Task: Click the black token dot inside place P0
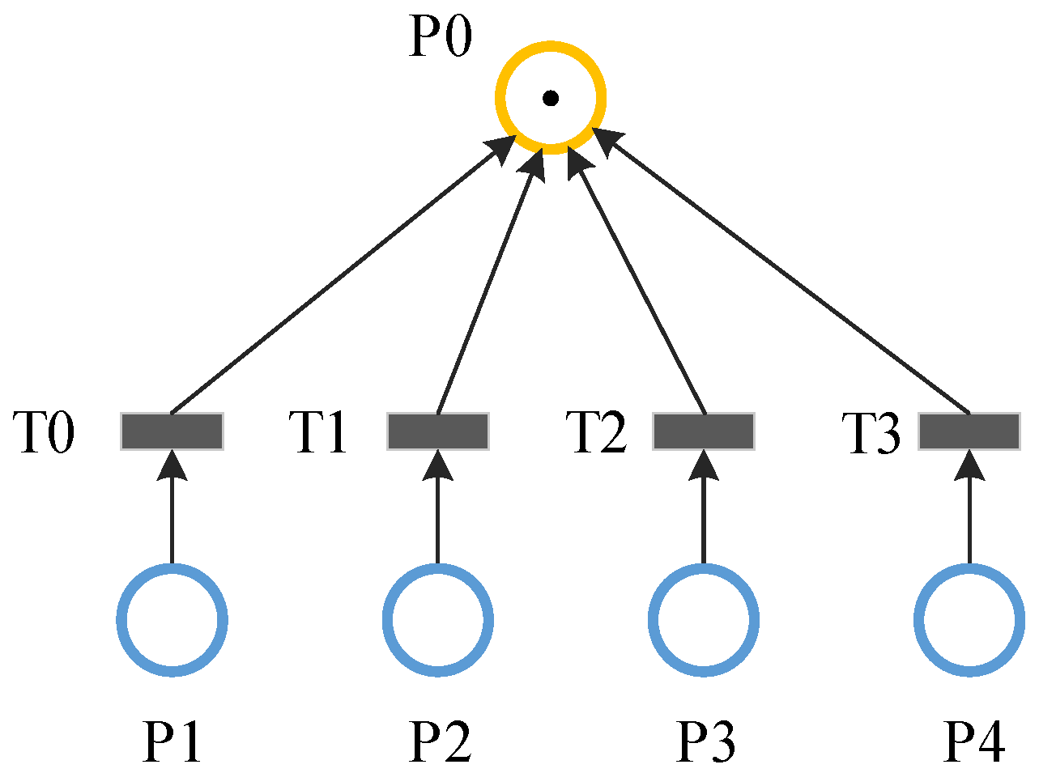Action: (551, 99)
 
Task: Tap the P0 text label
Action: (440, 37)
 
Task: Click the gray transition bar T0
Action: (172, 431)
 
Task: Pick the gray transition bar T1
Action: (437, 431)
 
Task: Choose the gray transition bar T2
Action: (703, 431)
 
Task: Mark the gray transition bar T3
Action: (969, 431)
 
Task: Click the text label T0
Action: (45, 432)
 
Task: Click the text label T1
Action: (318, 432)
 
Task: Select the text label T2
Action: (595, 432)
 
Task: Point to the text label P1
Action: (172, 741)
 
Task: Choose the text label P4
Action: (975, 741)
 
